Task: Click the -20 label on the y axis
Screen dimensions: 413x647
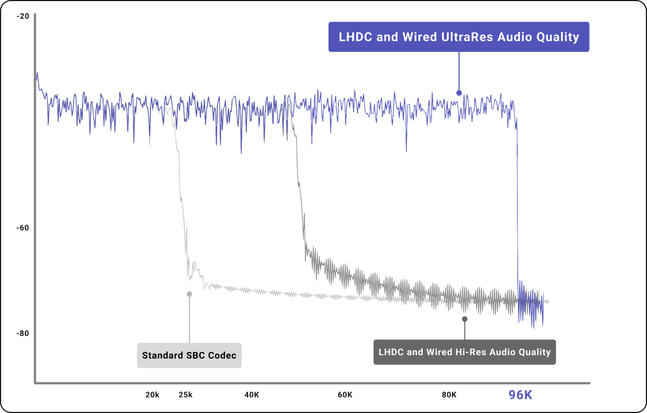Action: (x=23, y=16)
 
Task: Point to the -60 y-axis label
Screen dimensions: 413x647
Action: (x=23, y=228)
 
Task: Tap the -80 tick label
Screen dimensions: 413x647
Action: (x=23, y=333)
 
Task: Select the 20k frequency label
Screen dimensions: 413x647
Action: (x=153, y=395)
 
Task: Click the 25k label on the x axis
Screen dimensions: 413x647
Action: (x=186, y=395)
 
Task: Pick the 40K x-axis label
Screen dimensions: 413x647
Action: (x=252, y=395)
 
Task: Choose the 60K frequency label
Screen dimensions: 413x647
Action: (x=345, y=395)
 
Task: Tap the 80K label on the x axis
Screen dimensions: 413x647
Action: (x=449, y=395)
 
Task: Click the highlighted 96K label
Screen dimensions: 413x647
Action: (x=520, y=395)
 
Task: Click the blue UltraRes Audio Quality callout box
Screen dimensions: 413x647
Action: (x=459, y=37)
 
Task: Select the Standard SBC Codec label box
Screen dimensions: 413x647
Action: (x=189, y=355)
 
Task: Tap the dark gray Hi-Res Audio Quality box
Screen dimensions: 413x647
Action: (x=465, y=352)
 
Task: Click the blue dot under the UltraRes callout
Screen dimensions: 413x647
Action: (x=459, y=93)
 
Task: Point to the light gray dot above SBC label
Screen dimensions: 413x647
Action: (x=189, y=294)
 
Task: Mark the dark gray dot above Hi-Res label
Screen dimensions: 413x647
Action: (x=465, y=319)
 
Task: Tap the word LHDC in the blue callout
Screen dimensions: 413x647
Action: (x=354, y=37)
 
